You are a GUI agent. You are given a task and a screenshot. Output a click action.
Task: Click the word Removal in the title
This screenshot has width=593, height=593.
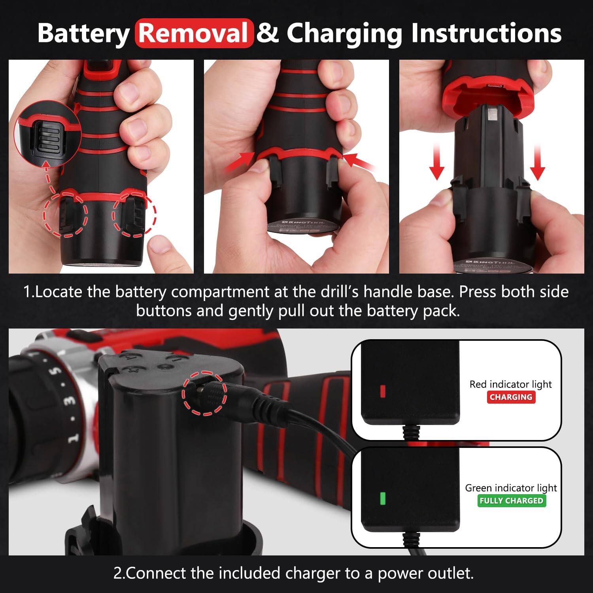click(x=194, y=33)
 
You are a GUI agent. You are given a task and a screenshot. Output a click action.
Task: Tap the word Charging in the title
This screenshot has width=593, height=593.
click(x=344, y=33)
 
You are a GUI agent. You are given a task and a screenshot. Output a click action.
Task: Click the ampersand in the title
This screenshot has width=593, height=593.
click(x=268, y=33)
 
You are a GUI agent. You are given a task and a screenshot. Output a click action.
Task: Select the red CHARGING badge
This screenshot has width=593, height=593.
click(x=511, y=397)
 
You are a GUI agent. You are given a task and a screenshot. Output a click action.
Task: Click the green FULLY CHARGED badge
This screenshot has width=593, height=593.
click(x=511, y=500)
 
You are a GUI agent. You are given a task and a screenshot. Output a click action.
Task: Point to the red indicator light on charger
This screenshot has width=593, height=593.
click(x=382, y=391)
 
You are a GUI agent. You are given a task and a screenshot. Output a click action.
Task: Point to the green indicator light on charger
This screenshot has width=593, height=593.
click(x=382, y=499)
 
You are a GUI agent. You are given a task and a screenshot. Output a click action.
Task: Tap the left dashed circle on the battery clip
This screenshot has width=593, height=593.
click(x=66, y=215)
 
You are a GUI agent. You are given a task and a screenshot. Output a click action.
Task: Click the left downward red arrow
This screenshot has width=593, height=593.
click(x=436, y=162)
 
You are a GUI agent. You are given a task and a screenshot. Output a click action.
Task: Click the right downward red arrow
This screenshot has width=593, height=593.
click(x=537, y=162)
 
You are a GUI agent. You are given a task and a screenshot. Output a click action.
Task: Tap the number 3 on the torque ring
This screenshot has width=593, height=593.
click(x=70, y=400)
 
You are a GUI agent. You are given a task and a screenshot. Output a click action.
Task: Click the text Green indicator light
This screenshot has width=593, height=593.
click(x=511, y=488)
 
